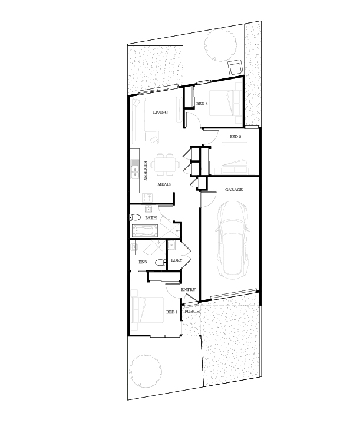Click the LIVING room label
click(160, 112)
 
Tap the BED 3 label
click(202, 103)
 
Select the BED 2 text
click(235, 137)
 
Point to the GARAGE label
click(234, 189)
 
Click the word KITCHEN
click(145, 170)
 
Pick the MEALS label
click(164, 184)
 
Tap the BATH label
click(151, 218)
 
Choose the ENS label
click(143, 262)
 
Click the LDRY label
click(177, 260)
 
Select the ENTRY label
click(188, 290)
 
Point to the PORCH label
click(192, 311)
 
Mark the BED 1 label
click(171, 312)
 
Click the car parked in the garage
click(232, 240)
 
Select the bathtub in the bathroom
click(145, 231)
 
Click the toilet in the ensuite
click(161, 263)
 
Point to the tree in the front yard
click(145, 371)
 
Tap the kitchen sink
click(134, 172)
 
